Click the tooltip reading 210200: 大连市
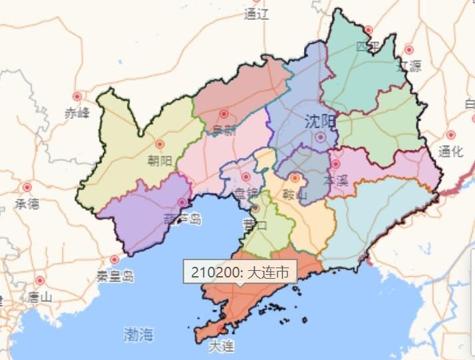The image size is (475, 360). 239,272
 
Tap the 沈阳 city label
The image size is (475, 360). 319,122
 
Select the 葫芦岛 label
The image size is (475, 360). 182,219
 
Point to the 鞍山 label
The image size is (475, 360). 294,196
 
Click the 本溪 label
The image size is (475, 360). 335,180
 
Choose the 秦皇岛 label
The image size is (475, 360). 114,276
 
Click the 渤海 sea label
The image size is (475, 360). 138,334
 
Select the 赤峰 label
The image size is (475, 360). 77,112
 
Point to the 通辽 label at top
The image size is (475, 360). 256,13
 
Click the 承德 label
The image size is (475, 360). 27,203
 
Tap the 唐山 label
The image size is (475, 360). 40,297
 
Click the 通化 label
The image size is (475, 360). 450,152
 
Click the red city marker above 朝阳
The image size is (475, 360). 160,144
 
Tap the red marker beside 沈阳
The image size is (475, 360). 321,137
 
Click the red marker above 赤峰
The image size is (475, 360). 77,96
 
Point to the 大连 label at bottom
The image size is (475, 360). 222,346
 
